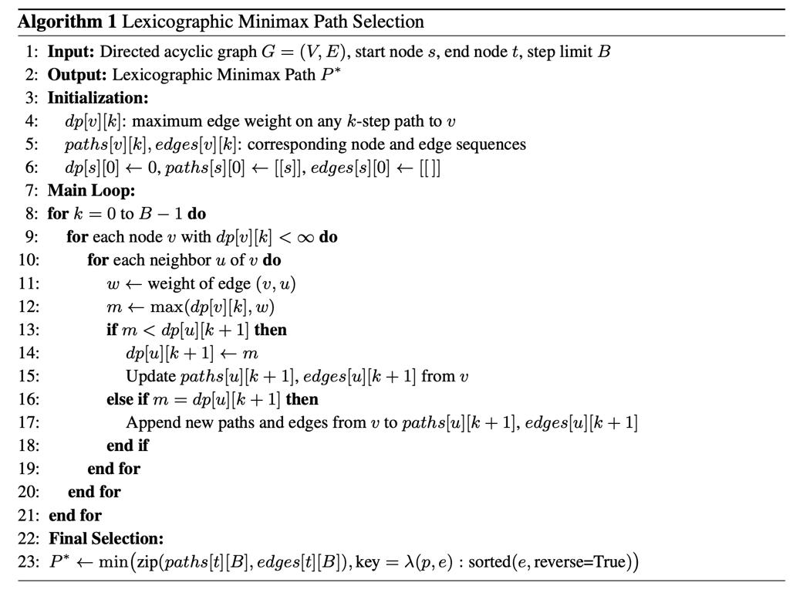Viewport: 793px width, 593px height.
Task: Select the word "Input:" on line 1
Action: (71, 53)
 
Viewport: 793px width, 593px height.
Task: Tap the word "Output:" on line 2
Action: (77, 76)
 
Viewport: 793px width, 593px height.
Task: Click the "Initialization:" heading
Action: (99, 98)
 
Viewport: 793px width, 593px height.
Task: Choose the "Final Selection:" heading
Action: (106, 538)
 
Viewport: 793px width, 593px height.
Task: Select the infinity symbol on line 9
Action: (308, 238)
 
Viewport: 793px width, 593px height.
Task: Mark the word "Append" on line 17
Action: (151, 422)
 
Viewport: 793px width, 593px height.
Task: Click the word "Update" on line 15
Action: (150, 376)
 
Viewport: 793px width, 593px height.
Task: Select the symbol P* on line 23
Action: (59, 561)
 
